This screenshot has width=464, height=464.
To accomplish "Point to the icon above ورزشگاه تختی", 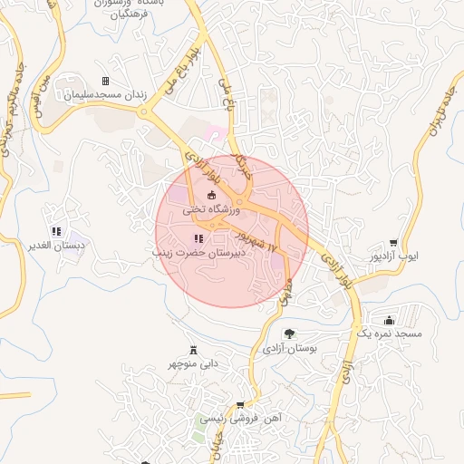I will pyautogui.click(x=212, y=195).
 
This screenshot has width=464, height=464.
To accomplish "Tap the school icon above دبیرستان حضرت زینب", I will pyautogui.click(x=198, y=238).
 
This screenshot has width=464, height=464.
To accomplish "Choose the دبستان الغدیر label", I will pyautogui.click(x=56, y=246).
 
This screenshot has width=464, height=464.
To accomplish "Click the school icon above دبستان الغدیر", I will pyautogui.click(x=56, y=231).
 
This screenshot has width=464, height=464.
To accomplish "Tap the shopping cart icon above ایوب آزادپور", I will pyautogui.click(x=392, y=243).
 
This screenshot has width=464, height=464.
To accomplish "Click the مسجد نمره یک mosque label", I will pyautogui.click(x=389, y=334).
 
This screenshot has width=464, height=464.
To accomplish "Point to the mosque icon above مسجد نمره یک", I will pyautogui.click(x=390, y=320).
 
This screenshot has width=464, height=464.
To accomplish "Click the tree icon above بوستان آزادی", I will pyautogui.click(x=289, y=333).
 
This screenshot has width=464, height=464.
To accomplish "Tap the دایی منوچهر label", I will pyautogui.click(x=192, y=364).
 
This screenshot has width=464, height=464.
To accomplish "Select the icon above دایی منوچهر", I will pyautogui.click(x=192, y=350).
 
